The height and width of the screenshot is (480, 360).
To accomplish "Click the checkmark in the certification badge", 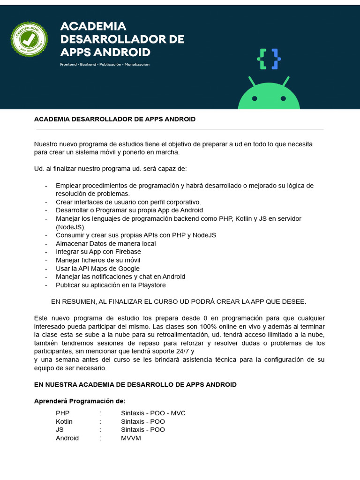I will point(29,38).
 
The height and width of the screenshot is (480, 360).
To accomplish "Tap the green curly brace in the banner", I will point(262,59).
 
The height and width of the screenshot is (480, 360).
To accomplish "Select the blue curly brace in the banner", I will point(276,59).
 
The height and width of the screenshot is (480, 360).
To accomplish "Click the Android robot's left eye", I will point(255,98).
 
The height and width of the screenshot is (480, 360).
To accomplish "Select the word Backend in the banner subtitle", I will point(88,64).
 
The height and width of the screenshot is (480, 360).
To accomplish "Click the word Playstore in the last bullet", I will point(151,285).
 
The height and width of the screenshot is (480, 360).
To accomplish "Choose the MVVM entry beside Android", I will point(131,438).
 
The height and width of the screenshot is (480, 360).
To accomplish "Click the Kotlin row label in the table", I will point(64,421).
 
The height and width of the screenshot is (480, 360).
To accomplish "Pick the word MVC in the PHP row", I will point(178,413).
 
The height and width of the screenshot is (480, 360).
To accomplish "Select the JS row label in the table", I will point(60,429).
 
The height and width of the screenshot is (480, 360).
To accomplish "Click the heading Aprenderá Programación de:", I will point(80,401).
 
